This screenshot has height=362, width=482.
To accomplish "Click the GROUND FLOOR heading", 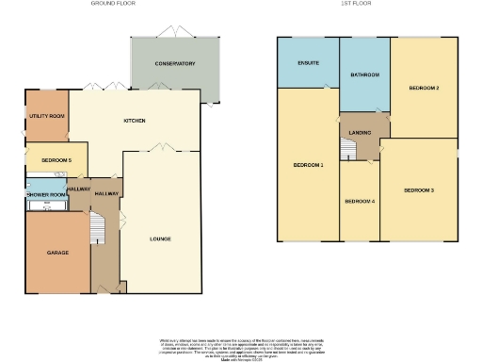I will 112,4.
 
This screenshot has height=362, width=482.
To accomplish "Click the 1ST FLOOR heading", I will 357,4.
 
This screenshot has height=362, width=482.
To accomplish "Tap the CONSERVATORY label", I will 175,64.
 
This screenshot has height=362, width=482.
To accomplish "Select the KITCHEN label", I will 134,122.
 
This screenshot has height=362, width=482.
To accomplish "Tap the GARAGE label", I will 58,254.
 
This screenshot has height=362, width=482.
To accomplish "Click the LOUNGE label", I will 160,239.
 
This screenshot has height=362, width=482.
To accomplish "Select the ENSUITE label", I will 308,63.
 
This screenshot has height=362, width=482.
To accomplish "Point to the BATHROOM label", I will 363,74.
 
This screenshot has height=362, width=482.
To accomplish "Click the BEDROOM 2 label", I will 424,88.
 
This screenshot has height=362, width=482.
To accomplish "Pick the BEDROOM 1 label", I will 308,165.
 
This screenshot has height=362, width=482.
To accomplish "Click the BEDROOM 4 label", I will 359,201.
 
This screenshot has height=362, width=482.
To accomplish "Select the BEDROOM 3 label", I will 419,190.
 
